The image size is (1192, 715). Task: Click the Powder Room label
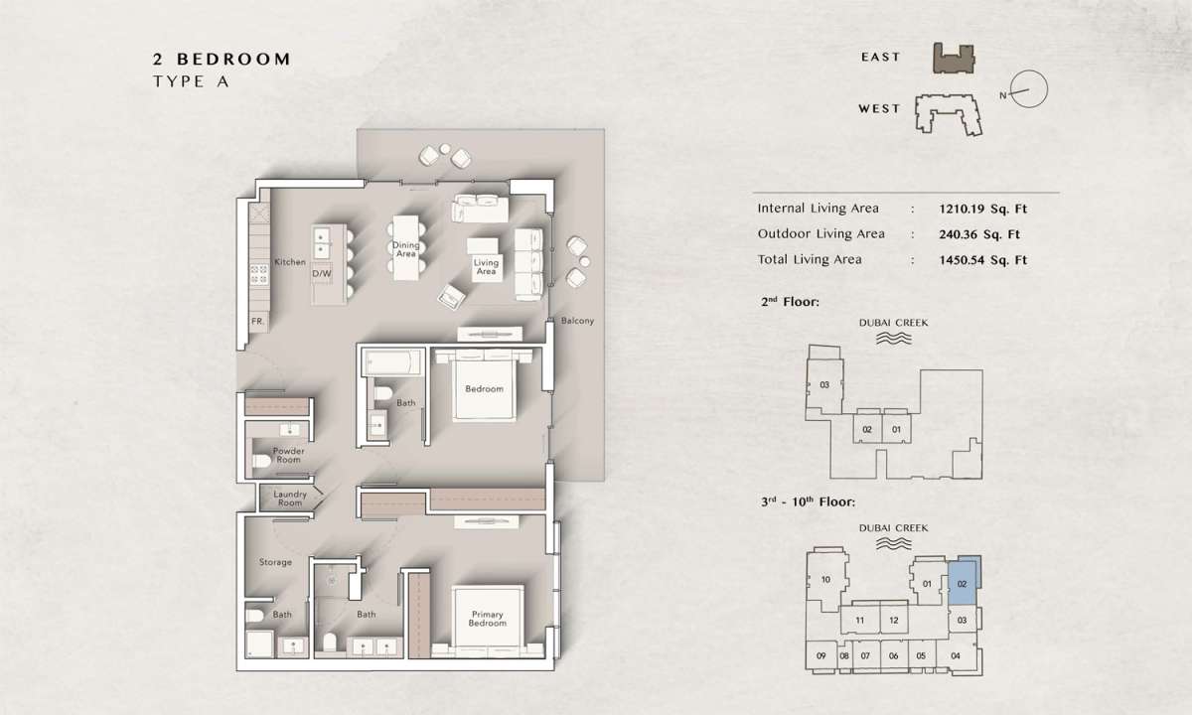pos(288,455)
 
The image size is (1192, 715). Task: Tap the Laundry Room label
pos(290,499)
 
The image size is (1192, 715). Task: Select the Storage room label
pos(275,562)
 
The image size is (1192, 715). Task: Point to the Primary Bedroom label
pos(487,618)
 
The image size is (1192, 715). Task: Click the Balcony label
pos(577,321)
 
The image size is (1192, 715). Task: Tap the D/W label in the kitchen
pos(322,273)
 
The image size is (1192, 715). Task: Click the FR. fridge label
pos(257,322)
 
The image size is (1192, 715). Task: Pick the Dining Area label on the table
pos(405,249)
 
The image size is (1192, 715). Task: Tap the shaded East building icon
pos(954,58)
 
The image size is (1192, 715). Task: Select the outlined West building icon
pos(949,114)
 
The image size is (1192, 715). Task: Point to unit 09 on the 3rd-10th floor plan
pos(821,656)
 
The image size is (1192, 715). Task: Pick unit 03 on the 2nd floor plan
pos(824,384)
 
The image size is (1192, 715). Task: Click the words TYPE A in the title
pos(191,81)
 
